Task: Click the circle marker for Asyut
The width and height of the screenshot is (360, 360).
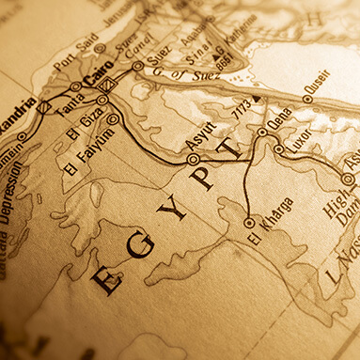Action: click(193, 160)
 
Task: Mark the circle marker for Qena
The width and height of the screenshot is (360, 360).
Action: click(263, 134)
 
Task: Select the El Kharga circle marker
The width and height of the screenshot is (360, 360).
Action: click(248, 223)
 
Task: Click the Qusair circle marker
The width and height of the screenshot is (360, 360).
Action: click(307, 98)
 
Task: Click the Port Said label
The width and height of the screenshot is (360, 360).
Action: click(72, 57)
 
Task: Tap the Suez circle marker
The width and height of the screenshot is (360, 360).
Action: click(138, 66)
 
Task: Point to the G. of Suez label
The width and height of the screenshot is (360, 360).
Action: click(179, 63)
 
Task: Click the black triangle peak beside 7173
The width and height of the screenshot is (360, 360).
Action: click(255, 98)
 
